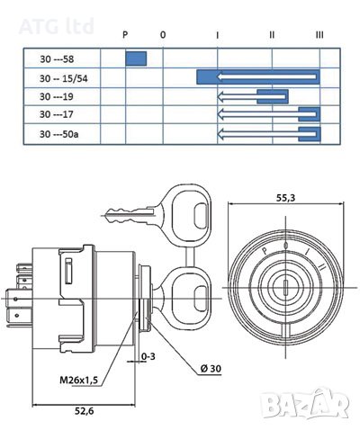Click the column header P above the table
tap(125, 35)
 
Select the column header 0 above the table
tap(163, 35)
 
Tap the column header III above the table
tap(319, 35)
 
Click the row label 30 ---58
tap(57, 59)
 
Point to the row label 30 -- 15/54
tap(64, 78)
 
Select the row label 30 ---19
tap(57, 96)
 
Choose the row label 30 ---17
tap(57, 114)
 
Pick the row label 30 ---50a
tap(59, 134)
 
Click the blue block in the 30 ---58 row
tap(136, 58)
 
